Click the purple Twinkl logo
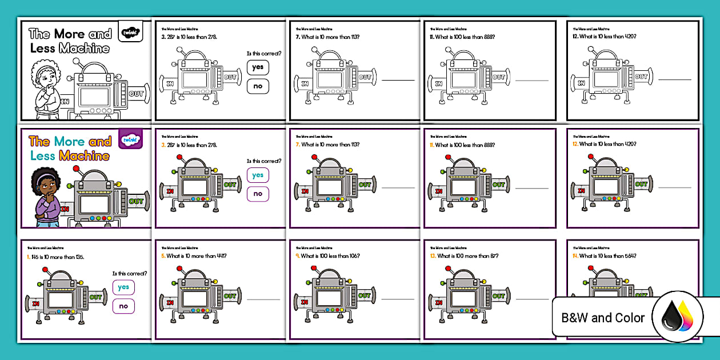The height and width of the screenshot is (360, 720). pyautogui.click(x=130, y=139)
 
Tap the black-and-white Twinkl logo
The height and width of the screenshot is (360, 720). pyautogui.click(x=130, y=32)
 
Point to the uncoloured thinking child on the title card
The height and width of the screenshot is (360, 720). pyautogui.click(x=46, y=86)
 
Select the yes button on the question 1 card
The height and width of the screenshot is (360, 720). pyautogui.click(x=123, y=287)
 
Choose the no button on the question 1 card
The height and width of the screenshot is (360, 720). pyautogui.click(x=123, y=306)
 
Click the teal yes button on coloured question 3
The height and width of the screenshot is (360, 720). pyautogui.click(x=258, y=175)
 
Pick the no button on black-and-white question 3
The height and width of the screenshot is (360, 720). pyautogui.click(x=258, y=86)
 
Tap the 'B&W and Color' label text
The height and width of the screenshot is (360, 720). pyautogui.click(x=603, y=318)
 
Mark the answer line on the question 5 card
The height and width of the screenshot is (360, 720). pyautogui.click(x=263, y=299)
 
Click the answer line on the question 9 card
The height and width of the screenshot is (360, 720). pyautogui.click(x=398, y=299)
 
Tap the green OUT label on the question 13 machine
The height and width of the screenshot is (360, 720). pyautogui.click(x=498, y=296)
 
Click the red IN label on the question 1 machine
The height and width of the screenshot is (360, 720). pyautogui.click(x=35, y=302)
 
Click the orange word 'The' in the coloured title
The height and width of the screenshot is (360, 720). pyautogui.click(x=39, y=141)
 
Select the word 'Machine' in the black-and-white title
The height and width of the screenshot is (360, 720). pyautogui.click(x=84, y=49)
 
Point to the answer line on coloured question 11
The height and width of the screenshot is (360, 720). pyautogui.click(x=532, y=187)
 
